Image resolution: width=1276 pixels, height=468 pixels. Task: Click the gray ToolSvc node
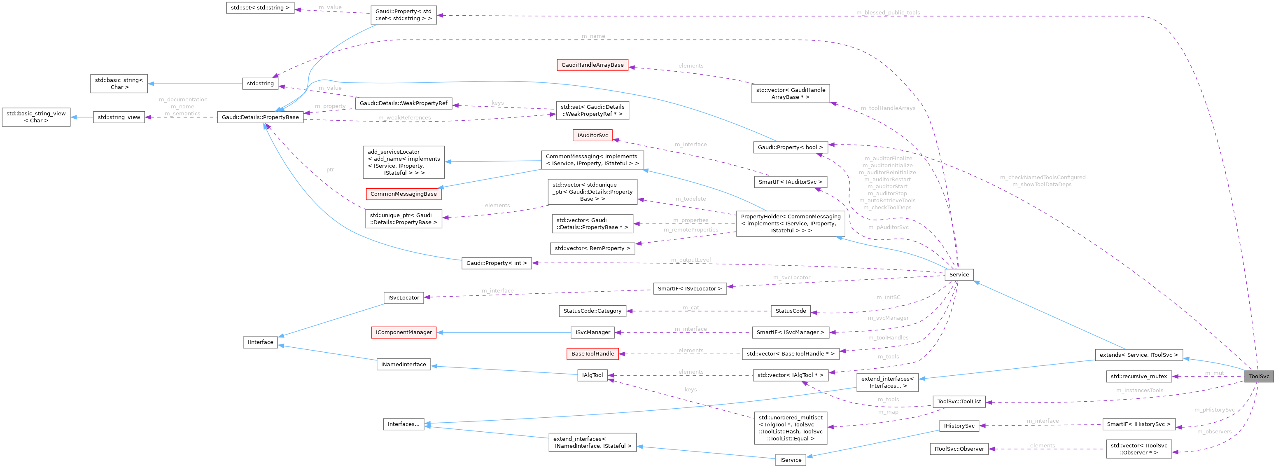point(1258,376)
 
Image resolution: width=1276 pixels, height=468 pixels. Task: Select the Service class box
point(959,275)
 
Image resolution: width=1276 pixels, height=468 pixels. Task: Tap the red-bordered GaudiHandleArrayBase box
point(592,65)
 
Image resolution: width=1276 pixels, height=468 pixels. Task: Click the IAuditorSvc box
point(592,136)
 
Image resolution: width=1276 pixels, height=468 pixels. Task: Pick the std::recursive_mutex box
point(1138,376)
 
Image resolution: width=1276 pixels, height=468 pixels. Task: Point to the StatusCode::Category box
point(592,311)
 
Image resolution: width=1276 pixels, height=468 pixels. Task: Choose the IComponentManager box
point(403,332)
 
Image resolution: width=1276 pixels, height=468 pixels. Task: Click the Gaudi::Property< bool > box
point(790,147)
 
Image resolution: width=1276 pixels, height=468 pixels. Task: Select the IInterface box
point(260,342)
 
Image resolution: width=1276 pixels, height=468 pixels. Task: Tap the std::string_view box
point(119,117)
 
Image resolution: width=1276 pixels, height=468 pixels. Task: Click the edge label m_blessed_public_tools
point(888,12)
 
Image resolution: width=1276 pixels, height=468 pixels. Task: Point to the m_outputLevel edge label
point(690,260)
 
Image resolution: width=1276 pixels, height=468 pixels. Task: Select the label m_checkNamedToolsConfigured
point(1042,177)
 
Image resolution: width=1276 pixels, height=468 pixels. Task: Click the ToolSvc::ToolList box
point(959,402)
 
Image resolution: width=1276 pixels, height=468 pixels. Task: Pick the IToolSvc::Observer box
point(959,449)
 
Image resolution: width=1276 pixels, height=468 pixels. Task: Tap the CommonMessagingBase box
point(403,194)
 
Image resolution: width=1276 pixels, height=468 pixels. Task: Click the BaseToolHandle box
point(592,353)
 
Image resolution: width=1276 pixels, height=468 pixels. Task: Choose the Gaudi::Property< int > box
point(496,263)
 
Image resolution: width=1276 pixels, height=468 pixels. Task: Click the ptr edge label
point(330,170)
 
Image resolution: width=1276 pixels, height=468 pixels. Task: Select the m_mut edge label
point(1214,373)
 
